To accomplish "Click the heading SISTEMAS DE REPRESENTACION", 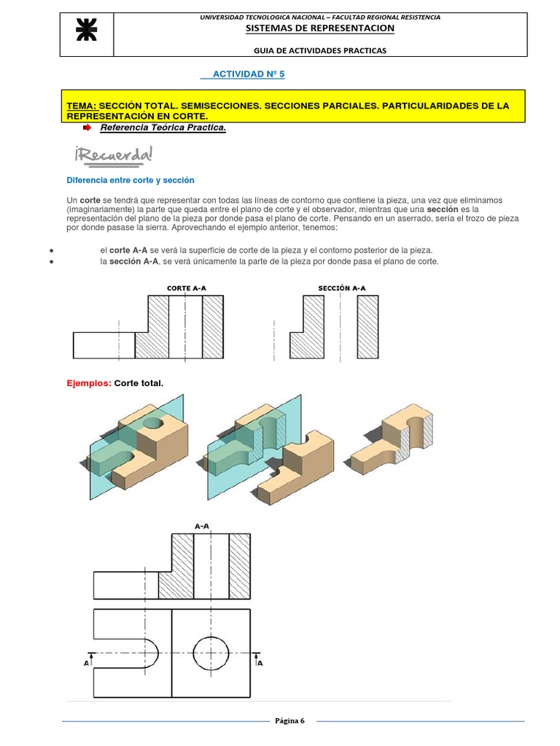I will pyautogui.click(x=320, y=28).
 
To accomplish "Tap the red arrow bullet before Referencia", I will pyautogui.click(x=87, y=128).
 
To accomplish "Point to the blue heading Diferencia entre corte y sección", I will pyautogui.click(x=131, y=180).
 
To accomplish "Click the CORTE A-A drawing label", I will pyautogui.click(x=187, y=288).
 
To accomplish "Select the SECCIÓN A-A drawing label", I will pyautogui.click(x=342, y=288).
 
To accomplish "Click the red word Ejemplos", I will pyautogui.click(x=88, y=383).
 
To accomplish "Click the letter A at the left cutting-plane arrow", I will pyautogui.click(x=87, y=664).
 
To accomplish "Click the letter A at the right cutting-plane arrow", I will pyautogui.click(x=260, y=664).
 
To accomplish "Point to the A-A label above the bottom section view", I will pyautogui.click(x=203, y=525).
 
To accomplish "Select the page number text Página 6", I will pyautogui.click(x=289, y=721).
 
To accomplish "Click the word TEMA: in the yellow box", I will pyautogui.click(x=81, y=106).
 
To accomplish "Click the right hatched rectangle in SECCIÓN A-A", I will pyautogui.click(x=367, y=326).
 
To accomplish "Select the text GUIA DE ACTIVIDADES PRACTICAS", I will pyautogui.click(x=320, y=50).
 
